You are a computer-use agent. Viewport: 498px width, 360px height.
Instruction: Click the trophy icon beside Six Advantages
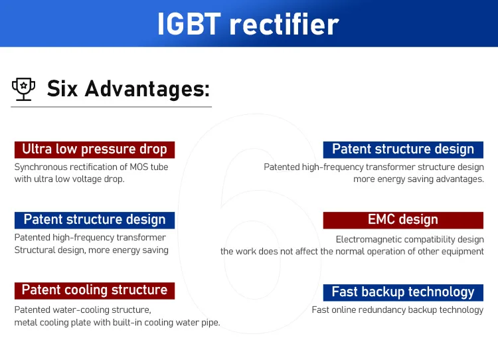pyautogui.click(x=23, y=89)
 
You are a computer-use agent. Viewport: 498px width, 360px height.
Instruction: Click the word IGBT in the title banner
pyautogui.click(x=189, y=25)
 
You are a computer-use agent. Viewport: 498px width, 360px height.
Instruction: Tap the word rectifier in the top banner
pyautogui.click(x=284, y=25)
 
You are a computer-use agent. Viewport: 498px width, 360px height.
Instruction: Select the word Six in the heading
pyautogui.click(x=62, y=88)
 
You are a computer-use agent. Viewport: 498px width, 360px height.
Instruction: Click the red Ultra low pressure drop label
pyautogui.click(x=94, y=149)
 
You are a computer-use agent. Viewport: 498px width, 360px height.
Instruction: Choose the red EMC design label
pyautogui.click(x=403, y=220)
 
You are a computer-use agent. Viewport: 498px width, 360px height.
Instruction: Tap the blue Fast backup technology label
pyautogui.click(x=403, y=292)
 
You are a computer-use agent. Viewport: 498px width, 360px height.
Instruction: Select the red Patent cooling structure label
pyautogui.click(x=94, y=290)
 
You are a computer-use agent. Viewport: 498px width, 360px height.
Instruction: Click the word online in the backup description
pyautogui.click(x=351, y=310)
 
